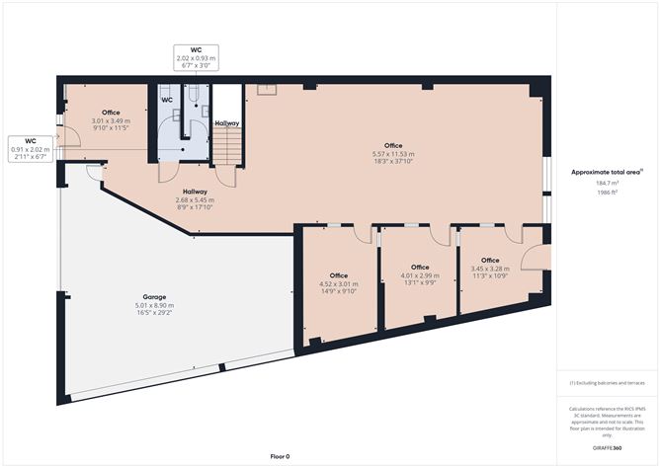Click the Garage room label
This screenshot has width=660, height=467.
click(154, 297)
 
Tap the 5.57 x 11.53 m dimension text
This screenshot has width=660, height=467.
click(393, 154)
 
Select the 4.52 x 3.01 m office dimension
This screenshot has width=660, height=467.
click(339, 284)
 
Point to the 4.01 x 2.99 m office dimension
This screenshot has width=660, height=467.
click(420, 275)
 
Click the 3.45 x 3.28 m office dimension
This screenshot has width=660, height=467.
click(490, 269)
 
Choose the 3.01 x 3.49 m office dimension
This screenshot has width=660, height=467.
click(111, 120)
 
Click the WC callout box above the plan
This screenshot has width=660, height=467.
click(197, 58)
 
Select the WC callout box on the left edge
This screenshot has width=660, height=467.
click(31, 149)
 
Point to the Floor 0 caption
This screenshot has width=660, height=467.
click(280, 456)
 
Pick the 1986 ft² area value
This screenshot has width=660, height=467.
click(607, 193)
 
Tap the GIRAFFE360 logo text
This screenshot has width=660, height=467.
click(607, 448)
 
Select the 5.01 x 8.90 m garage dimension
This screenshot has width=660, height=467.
click(154, 305)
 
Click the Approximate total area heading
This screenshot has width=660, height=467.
click(607, 172)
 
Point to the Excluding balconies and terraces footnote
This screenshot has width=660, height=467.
click(607, 383)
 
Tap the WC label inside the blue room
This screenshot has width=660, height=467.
click(167, 100)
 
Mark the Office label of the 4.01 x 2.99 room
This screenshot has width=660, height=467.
click(420, 268)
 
